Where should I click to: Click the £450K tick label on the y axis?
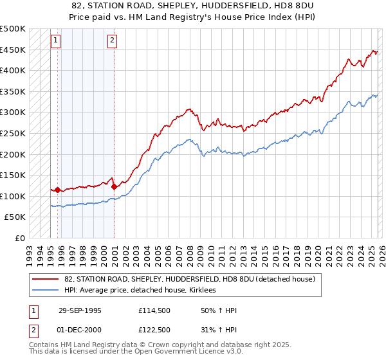(x=13, y=50)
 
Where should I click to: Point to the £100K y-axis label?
(x=13, y=196)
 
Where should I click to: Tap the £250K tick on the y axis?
(x=13, y=133)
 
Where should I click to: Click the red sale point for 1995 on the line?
(x=58, y=190)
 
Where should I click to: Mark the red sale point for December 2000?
(x=114, y=186)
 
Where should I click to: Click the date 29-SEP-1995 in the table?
(x=80, y=310)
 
